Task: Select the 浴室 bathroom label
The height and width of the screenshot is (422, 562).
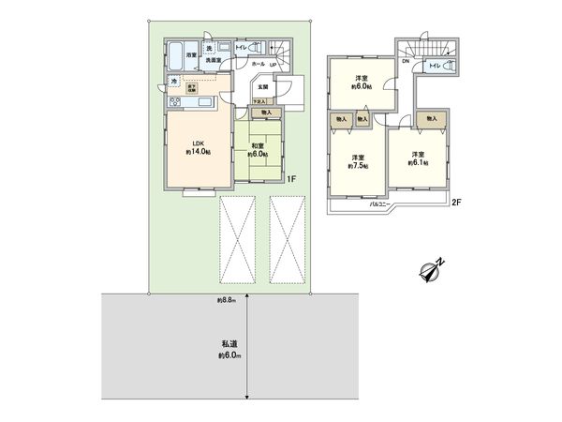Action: click(x=191, y=55)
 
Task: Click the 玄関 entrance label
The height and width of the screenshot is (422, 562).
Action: click(x=265, y=86)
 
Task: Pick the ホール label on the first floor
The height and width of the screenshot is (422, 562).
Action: click(x=258, y=64)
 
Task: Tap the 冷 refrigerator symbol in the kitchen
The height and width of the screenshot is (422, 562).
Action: click(x=174, y=81)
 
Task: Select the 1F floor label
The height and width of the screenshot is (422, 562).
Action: click(x=291, y=178)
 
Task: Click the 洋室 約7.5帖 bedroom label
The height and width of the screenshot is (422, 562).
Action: click(x=359, y=161)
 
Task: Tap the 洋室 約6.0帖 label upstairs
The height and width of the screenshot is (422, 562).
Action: click(x=360, y=82)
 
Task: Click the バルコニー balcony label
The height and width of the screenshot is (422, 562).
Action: click(x=380, y=202)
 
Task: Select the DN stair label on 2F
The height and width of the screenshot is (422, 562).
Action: click(x=406, y=62)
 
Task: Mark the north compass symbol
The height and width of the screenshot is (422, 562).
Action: click(x=430, y=272)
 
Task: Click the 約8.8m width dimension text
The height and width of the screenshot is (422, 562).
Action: click(x=226, y=300)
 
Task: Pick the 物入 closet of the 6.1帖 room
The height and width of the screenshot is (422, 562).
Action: click(x=431, y=119)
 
